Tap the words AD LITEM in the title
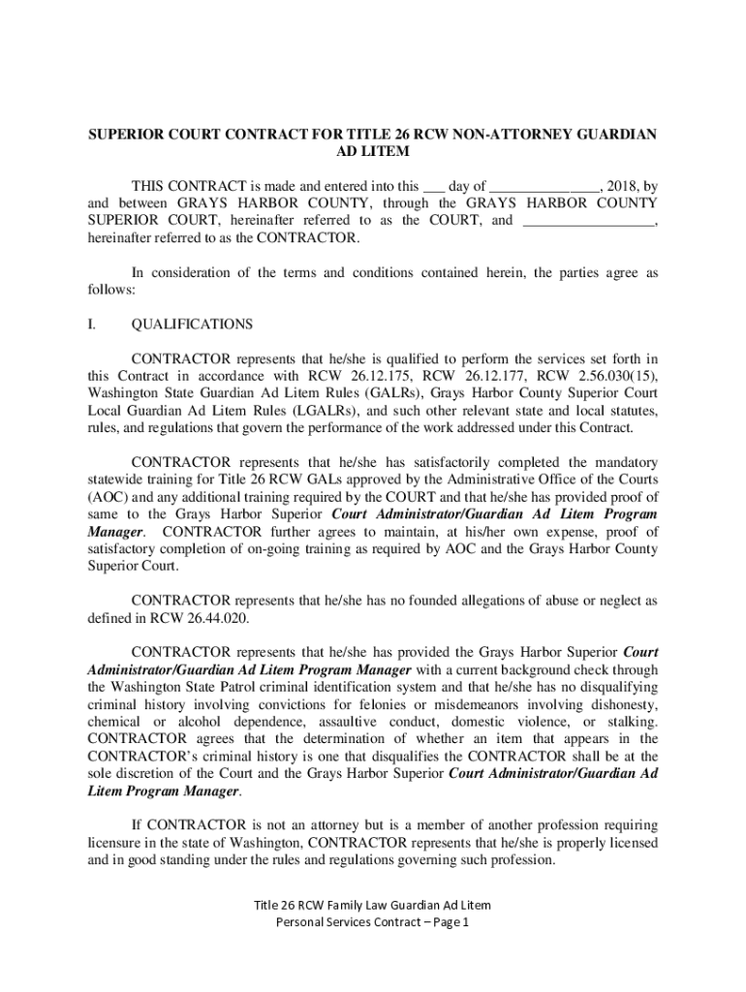pyautogui.click(x=372, y=152)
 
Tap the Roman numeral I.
pyautogui.click(x=91, y=325)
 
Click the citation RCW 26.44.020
pyautogui.click(x=197, y=618)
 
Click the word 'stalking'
pyautogui.click(x=633, y=722)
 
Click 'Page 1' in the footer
pyautogui.click(x=449, y=922)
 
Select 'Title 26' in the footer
pyautogui.click(x=274, y=905)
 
